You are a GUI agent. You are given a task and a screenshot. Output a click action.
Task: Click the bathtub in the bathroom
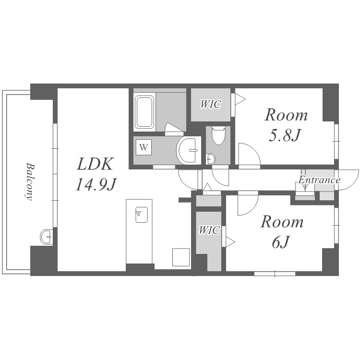pyautogui.click(x=144, y=112)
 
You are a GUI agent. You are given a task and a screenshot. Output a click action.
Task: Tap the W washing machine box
pyautogui.click(x=144, y=147)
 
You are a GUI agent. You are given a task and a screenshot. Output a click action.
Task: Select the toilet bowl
pyautogui.click(x=218, y=135)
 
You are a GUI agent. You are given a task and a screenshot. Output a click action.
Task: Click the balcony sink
pyautogui.click(x=47, y=237)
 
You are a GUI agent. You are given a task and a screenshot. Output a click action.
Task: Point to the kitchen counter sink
pyautogui.click(x=142, y=215)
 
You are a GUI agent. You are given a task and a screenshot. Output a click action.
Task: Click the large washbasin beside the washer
pyautogui.click(x=189, y=150)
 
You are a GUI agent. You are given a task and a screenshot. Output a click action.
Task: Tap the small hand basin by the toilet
pyautogui.click(x=211, y=159)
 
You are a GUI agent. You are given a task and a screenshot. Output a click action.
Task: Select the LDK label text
pyautogui.click(x=95, y=164)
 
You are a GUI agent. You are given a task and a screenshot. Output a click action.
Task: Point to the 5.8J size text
pyautogui.click(x=285, y=135)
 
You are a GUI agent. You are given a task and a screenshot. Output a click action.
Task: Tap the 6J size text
pyautogui.click(x=280, y=242)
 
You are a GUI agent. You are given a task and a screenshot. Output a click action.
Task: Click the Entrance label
pyautogui.click(x=319, y=180)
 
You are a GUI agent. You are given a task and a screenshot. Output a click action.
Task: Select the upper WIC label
pyautogui.click(x=211, y=104)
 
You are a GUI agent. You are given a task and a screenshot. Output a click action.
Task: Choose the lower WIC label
pyautogui.click(x=209, y=230)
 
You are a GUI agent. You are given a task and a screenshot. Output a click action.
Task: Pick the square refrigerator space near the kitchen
pyautogui.click(x=181, y=257)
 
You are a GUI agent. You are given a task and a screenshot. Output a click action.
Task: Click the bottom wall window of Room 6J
pyautogui.click(x=275, y=274)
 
